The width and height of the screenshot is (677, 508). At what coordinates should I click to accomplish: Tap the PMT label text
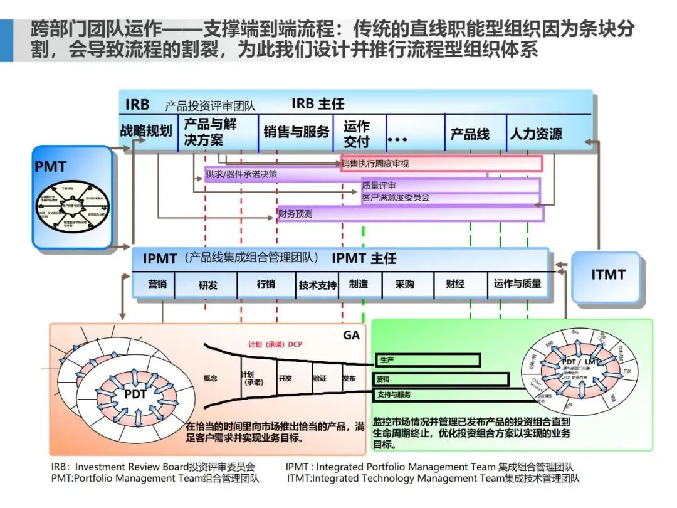50,167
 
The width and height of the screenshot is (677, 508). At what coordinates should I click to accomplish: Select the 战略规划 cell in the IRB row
146,131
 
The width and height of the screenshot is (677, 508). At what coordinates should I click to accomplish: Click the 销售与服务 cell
296,132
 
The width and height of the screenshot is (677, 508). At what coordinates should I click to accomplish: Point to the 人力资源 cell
536,134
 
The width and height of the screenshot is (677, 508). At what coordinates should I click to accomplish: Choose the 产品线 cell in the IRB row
470,134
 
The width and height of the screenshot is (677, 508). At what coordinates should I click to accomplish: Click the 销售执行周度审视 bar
441,164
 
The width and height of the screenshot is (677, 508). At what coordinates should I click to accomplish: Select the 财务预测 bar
411,214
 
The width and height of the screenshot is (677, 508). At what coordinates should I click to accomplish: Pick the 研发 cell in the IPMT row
208,285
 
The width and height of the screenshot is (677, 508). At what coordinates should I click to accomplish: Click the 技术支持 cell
318,285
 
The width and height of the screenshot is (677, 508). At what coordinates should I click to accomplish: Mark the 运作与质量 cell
517,283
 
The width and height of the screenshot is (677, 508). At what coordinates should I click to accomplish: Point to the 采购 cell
404,284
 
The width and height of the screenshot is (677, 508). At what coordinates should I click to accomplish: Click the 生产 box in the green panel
428,360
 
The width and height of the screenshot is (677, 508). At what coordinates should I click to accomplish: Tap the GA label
351,336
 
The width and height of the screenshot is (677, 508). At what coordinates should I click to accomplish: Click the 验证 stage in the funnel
320,379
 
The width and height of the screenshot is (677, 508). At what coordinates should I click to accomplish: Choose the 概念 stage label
211,379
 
